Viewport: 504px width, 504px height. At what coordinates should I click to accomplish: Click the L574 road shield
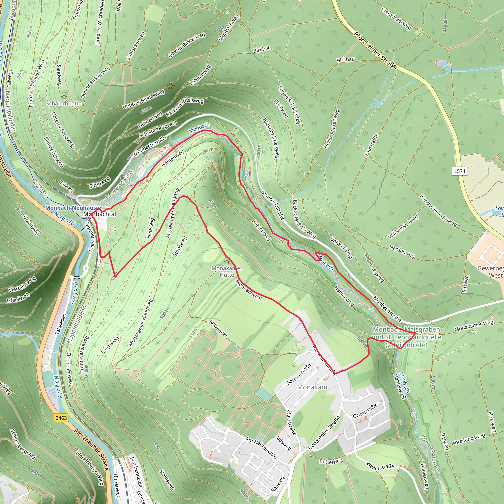pos(460,171)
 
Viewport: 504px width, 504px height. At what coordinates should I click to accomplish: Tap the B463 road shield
pos(61,418)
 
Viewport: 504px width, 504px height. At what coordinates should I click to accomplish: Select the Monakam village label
pos(312,387)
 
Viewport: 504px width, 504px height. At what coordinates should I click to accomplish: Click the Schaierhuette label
pos(64,104)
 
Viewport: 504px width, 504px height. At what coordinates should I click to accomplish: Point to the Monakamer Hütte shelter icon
pos(227,262)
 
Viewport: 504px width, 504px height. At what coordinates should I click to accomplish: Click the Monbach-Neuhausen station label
pos(74,208)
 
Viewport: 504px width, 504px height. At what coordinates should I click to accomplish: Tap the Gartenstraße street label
pos(299,374)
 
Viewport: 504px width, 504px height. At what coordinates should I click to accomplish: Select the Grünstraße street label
pos(365,411)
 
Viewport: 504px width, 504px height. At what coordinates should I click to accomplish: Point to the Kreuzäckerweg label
pos(396,18)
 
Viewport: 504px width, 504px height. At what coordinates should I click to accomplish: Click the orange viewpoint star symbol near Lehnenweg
pos(170,86)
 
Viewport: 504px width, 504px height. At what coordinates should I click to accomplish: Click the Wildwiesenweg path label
pos(403,227)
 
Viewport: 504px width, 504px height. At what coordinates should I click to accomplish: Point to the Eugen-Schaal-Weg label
pos(289,105)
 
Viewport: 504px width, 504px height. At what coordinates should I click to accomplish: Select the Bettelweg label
pos(331,461)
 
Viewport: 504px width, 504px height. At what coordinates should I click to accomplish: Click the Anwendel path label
pos(218,329)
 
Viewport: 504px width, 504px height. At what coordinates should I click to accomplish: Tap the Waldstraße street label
pos(291,423)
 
